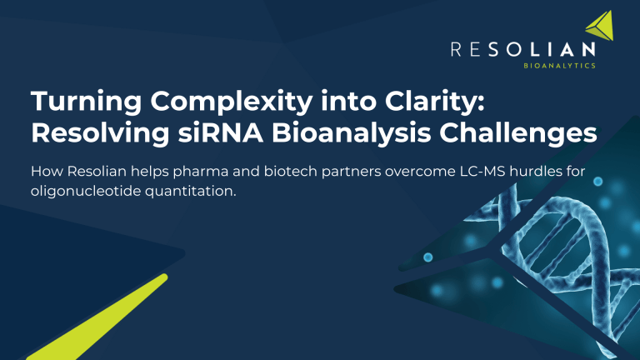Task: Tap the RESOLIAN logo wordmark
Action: pos(522,50)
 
